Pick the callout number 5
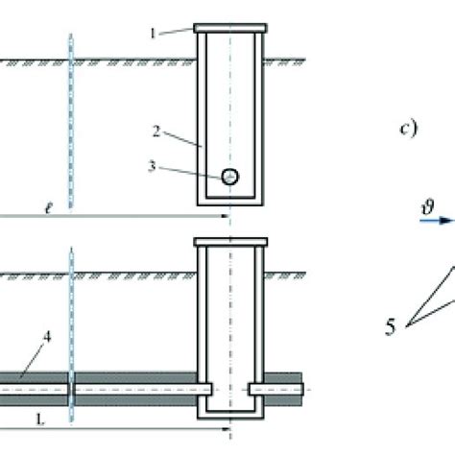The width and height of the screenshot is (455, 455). point(391,327)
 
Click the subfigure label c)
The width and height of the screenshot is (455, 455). point(408,129)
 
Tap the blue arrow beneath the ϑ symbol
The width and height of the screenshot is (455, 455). point(437,221)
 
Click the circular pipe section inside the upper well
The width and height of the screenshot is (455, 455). point(230,177)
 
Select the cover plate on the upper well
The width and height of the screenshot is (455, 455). point(230,28)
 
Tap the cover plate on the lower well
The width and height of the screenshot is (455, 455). point(230,242)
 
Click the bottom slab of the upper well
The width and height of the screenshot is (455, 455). point(230,201)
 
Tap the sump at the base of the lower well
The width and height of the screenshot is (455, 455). point(230,413)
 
